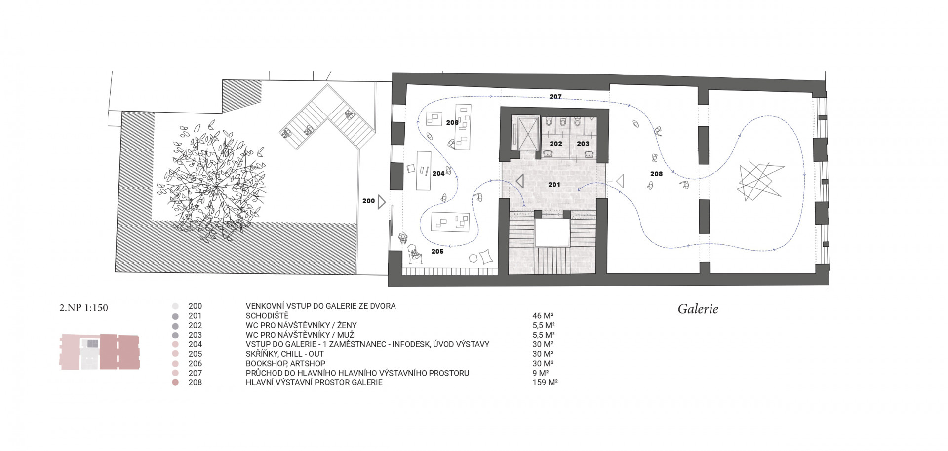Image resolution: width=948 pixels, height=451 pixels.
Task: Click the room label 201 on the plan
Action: (554, 184)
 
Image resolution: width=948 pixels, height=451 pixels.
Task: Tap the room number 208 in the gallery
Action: (656, 174)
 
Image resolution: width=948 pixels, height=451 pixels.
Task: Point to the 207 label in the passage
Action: (555, 97)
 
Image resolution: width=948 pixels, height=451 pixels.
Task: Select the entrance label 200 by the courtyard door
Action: (368, 201)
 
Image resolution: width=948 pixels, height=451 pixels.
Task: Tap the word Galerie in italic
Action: (698, 309)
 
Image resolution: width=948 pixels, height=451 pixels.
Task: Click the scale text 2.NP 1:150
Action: (83, 308)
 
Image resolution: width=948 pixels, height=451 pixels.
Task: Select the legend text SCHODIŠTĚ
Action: (267, 316)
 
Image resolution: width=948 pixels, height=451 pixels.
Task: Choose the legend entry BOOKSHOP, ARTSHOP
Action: (285, 364)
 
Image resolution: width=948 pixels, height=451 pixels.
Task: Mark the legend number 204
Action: (195, 344)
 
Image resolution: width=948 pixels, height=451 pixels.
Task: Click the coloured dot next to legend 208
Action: (175, 382)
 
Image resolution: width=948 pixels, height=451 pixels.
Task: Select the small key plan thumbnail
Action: (100, 352)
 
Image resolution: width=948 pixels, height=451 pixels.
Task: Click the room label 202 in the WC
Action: (556, 144)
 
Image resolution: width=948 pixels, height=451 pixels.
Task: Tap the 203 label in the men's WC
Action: (583, 144)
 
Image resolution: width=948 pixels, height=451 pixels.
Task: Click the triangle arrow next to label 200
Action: (382, 202)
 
